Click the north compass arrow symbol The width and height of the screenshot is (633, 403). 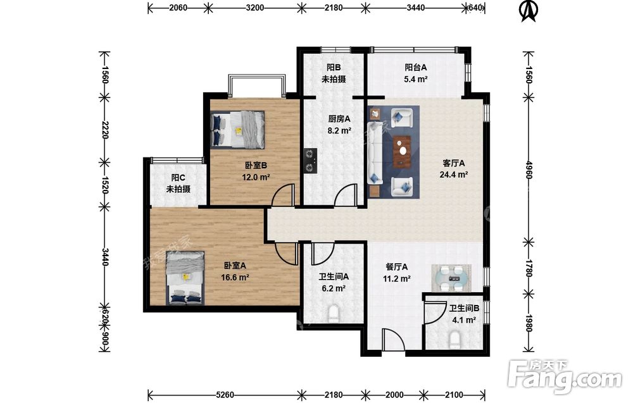[x=529, y=11]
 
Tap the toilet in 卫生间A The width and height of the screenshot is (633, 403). [x=334, y=314]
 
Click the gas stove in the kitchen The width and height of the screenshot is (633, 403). [x=310, y=161]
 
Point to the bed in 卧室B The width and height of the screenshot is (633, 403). [x=237, y=129]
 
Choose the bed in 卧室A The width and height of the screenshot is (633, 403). [x=185, y=278]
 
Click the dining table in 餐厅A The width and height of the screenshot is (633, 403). [x=452, y=278]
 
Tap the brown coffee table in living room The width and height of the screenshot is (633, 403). [x=403, y=151]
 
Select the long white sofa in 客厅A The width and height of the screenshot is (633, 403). [x=375, y=152]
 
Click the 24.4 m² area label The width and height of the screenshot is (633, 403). [x=454, y=175]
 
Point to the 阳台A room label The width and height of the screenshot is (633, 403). [x=416, y=67]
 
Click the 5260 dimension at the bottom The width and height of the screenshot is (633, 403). [x=225, y=395]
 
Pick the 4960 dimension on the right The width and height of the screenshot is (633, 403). [x=529, y=170]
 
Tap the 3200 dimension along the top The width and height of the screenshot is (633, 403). [x=254, y=7]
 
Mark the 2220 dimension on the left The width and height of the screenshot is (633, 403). [x=104, y=130]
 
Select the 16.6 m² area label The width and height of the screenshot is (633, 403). [x=235, y=278]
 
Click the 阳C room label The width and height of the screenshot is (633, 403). [x=178, y=178]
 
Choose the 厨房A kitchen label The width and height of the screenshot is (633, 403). [x=339, y=119]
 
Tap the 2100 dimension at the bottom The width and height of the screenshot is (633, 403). [x=454, y=395]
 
